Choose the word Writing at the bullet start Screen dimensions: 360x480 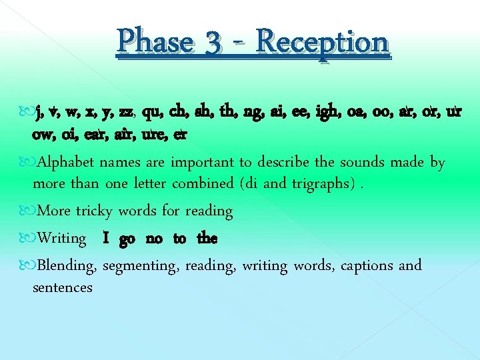pos(62,239)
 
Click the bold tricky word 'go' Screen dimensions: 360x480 pos(127,239)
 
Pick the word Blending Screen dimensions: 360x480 pos(67,266)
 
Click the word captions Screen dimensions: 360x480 pos(367,265)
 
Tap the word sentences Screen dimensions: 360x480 pos(63,288)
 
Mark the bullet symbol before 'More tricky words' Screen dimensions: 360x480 pos(26,211)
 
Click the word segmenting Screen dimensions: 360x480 pos(140,266)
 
